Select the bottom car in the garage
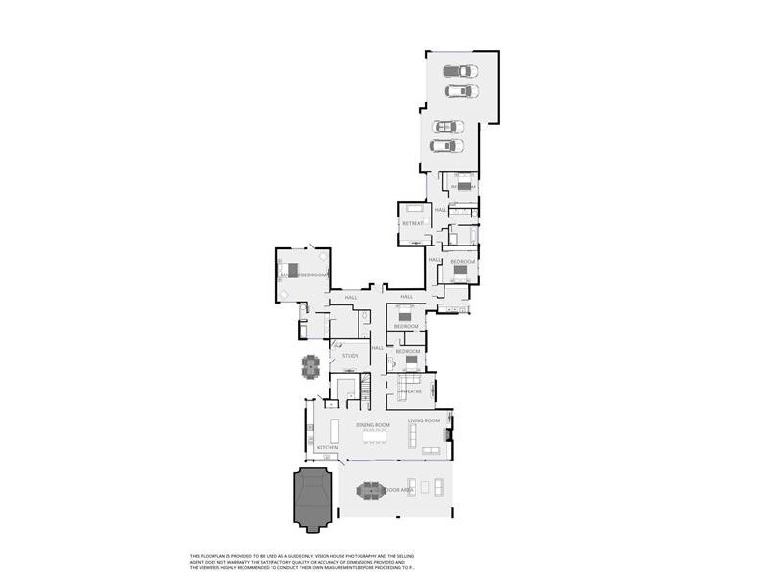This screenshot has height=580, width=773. click(446, 146)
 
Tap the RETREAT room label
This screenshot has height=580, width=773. click(414, 223)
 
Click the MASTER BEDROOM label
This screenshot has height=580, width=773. click(304, 275)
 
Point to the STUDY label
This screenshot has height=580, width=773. click(350, 356)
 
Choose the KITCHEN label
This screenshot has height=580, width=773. click(328, 448)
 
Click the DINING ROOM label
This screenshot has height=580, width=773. click(373, 425)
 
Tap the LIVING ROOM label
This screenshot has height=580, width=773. click(423, 420)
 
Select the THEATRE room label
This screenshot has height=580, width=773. click(411, 391)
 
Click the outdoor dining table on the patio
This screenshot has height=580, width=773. click(371, 491)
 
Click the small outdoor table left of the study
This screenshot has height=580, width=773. click(310, 366)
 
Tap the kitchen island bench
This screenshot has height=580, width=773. click(335, 429)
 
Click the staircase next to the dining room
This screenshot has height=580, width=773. click(366, 391)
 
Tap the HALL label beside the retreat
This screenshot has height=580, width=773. click(440, 210)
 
